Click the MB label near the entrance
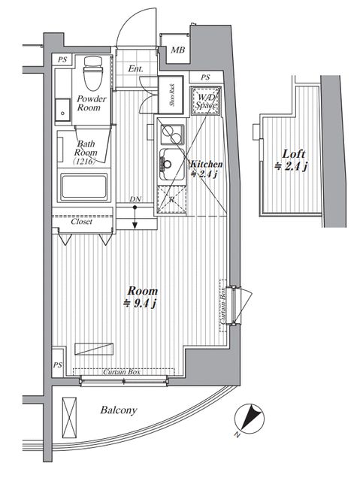[x=177, y=50]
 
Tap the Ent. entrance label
[x=135, y=69]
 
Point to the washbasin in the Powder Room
[x=62, y=110]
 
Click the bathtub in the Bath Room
[x=84, y=186]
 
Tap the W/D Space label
[x=204, y=101]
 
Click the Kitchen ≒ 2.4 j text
[x=204, y=169]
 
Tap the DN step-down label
[x=135, y=199]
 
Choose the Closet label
[x=81, y=222]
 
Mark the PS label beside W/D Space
[x=205, y=77]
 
